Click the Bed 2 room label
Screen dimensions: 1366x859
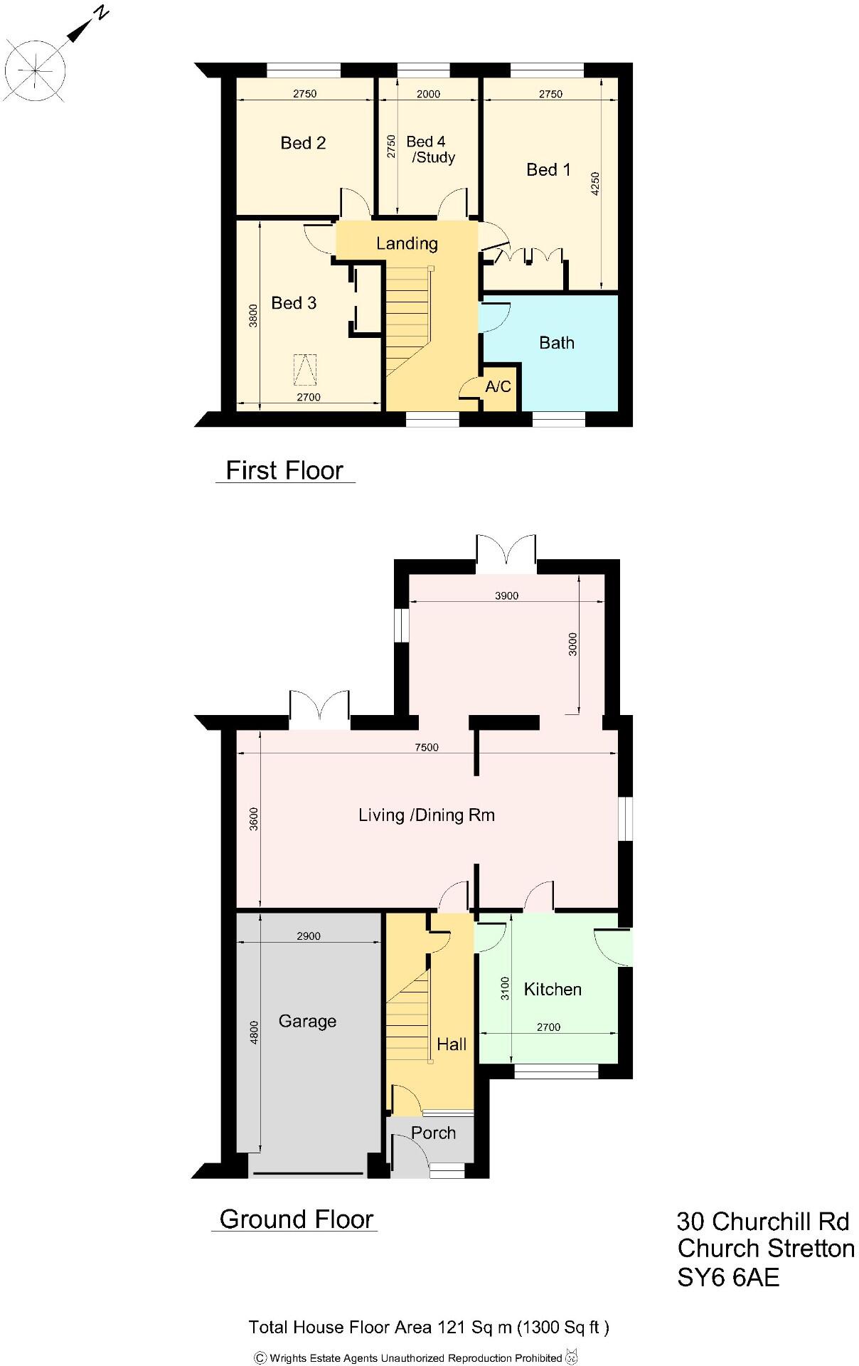tap(303, 143)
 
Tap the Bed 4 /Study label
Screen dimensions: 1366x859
tap(429, 149)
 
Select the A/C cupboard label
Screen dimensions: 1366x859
tap(498, 387)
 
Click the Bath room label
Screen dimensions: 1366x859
tap(556, 343)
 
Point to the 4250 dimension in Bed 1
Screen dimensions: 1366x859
tap(596, 184)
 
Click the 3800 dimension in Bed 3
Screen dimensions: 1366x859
tap(253, 315)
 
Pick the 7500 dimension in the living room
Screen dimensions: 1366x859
tap(427, 747)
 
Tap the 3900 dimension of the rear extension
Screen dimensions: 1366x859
tap(506, 595)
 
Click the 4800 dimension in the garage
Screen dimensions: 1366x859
tap(254, 1032)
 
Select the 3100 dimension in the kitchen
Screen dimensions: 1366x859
tap(506, 988)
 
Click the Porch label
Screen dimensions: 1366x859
tap(433, 1133)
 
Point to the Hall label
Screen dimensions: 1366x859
tap(452, 1044)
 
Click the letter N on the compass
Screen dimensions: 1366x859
tap(102, 12)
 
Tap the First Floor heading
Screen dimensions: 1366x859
tap(284, 470)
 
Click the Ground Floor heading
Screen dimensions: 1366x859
tap(296, 1219)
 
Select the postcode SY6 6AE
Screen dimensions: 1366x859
tap(728, 1277)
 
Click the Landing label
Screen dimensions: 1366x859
tap(407, 243)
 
